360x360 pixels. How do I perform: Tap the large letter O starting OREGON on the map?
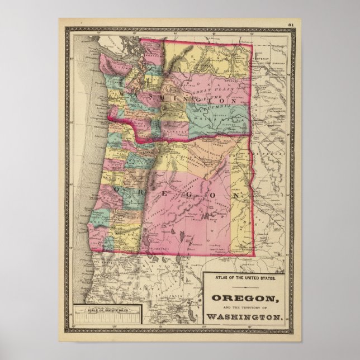tap(116, 190)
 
